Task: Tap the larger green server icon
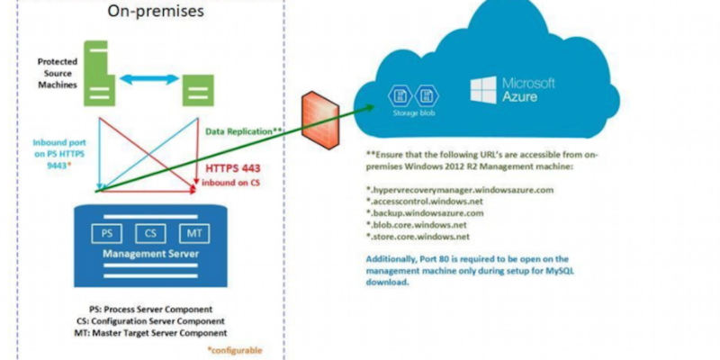point(95,67)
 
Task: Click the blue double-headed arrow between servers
point(145,80)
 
